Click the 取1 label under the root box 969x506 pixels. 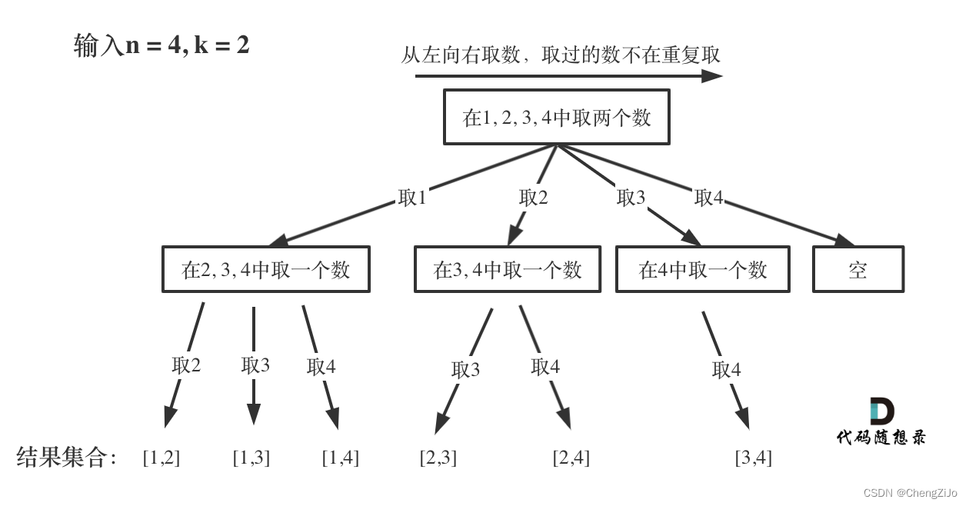(412, 198)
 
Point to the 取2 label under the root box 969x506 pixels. (534, 198)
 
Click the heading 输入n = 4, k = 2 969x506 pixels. (161, 45)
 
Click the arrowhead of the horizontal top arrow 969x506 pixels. (712, 76)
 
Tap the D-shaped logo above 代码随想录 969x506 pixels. (882, 411)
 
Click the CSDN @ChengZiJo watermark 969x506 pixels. (911, 493)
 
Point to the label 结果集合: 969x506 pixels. (66, 457)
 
